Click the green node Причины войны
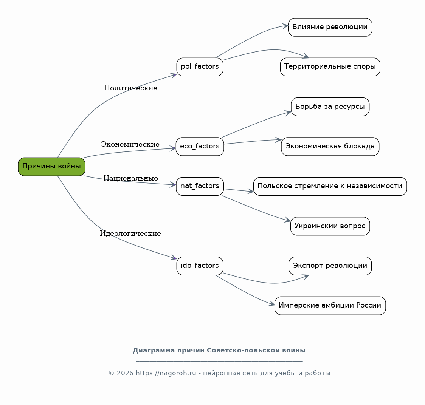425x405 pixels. coord(51,167)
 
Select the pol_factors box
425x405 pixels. coord(200,67)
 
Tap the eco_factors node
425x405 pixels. coord(200,147)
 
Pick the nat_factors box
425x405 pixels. coord(200,186)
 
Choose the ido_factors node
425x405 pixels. coord(200,266)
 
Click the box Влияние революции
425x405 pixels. coord(330,27)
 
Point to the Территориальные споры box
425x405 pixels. coord(330,67)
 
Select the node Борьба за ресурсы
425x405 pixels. coord(330,107)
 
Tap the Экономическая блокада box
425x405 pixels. coord(330,147)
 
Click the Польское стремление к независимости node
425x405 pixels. coord(330,186)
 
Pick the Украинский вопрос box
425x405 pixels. coord(330,226)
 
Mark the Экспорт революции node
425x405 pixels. coord(330,266)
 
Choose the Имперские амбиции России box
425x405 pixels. coord(330,306)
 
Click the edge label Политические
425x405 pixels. coord(131,88)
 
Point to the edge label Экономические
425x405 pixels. coord(130,144)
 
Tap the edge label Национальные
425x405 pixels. coord(131,178)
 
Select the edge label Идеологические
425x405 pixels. coord(130,233)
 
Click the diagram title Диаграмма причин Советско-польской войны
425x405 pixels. coord(219,351)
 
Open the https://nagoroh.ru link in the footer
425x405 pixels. coord(166,373)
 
